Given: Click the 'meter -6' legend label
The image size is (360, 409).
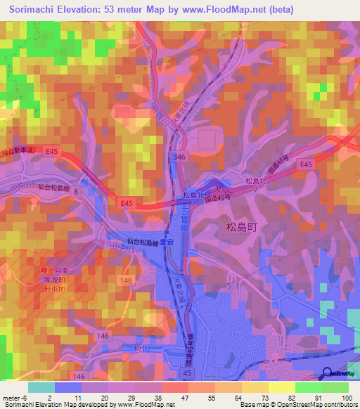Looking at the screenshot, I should point(14,397).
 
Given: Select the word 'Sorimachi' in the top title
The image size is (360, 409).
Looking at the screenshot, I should point(27,9).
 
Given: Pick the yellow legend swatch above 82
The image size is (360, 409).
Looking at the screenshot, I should point(282,387).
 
